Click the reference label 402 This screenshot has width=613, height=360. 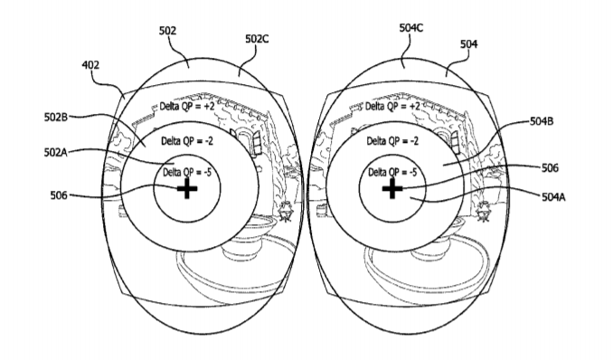(90, 65)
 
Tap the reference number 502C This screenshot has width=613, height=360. (257, 39)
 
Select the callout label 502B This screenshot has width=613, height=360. (55, 117)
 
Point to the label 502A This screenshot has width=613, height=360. (55, 152)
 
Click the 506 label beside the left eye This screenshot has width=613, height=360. (59, 194)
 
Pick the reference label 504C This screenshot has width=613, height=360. (410, 28)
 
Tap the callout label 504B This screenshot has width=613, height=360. (542, 121)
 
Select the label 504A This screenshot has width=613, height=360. (553, 196)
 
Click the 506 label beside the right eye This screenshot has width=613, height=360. (550, 168)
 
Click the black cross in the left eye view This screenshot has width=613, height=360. (187, 189)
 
